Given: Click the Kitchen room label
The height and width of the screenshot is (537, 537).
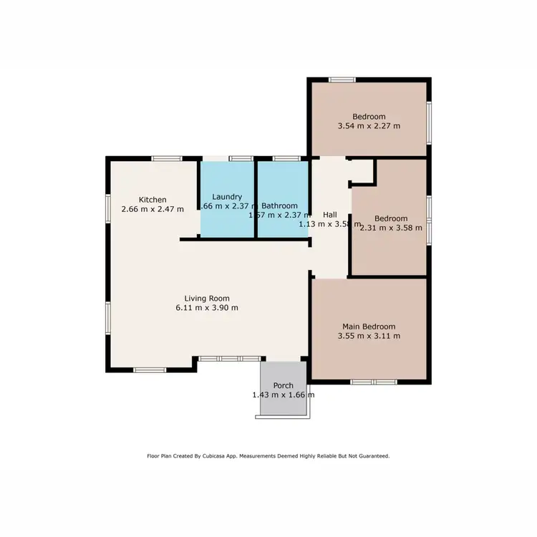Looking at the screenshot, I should point(153,200).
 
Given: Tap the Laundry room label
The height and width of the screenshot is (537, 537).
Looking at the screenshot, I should point(227,196).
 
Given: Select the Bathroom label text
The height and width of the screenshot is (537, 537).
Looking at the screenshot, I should point(280,205).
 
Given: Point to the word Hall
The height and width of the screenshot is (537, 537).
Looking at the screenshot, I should point(329,214).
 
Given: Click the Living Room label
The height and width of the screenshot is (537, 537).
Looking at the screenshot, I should point(207,299).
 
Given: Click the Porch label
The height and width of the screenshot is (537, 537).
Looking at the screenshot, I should point(284,386).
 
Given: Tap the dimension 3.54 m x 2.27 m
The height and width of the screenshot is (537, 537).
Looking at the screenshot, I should point(369,126).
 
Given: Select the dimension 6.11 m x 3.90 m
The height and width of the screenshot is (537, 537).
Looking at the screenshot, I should point(207,308).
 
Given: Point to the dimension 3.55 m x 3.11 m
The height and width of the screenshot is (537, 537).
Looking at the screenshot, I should point(369,335).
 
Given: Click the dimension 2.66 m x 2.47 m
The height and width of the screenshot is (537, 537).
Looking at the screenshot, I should point(153,209).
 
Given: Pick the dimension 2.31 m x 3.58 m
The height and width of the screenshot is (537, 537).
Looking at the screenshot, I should point(391,228).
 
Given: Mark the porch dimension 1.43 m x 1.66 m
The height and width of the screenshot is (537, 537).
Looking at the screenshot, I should point(284,395).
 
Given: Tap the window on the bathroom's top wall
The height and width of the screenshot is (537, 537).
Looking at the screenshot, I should point(286,158).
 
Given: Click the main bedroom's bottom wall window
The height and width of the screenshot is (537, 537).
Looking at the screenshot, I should point(374,382).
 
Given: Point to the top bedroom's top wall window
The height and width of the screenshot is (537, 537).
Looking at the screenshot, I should point(342,79).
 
